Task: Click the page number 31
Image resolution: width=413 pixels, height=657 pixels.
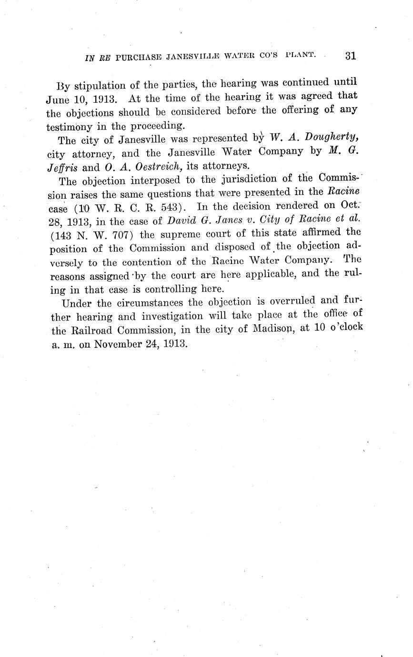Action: pyautogui.click(x=350, y=56)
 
